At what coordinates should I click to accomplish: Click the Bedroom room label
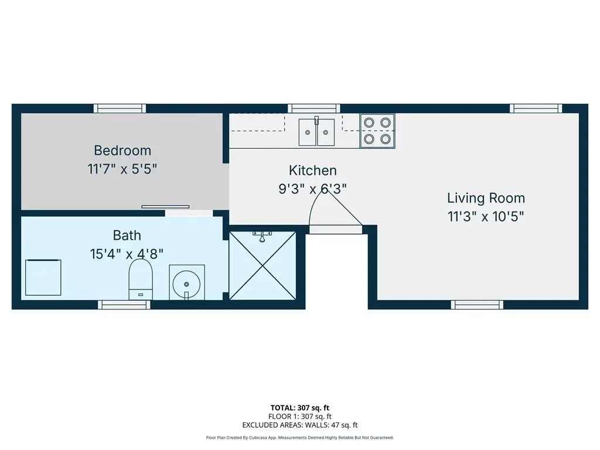pyautogui.click(x=122, y=151)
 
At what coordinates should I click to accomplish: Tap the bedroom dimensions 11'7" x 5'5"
pyautogui.click(x=122, y=169)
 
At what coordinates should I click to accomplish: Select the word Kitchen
pyautogui.click(x=313, y=171)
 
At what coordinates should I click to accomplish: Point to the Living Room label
pyautogui.click(x=486, y=198)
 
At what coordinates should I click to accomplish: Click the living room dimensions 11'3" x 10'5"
pyautogui.click(x=486, y=217)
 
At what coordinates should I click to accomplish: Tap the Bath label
pyautogui.click(x=127, y=235)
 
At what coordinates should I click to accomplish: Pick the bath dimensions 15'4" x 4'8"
pyautogui.click(x=127, y=254)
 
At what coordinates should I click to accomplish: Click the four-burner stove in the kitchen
pyautogui.click(x=377, y=131)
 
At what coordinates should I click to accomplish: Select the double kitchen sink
pyautogui.click(x=316, y=131)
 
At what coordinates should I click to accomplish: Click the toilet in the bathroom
pyautogui.click(x=141, y=279)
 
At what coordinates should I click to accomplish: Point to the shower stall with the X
pyautogui.click(x=262, y=265)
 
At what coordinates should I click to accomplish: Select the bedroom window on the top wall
pyautogui.click(x=120, y=108)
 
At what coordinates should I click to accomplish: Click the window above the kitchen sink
pyautogui.click(x=314, y=108)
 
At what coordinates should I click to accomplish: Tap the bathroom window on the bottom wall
pyautogui.click(x=124, y=305)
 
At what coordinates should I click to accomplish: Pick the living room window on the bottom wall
pyautogui.click(x=477, y=305)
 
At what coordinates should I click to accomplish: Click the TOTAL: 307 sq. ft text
pyautogui.click(x=300, y=408)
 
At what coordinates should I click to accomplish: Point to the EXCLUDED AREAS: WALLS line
pyautogui.click(x=300, y=425)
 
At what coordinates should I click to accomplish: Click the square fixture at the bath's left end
pyautogui.click(x=43, y=277)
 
